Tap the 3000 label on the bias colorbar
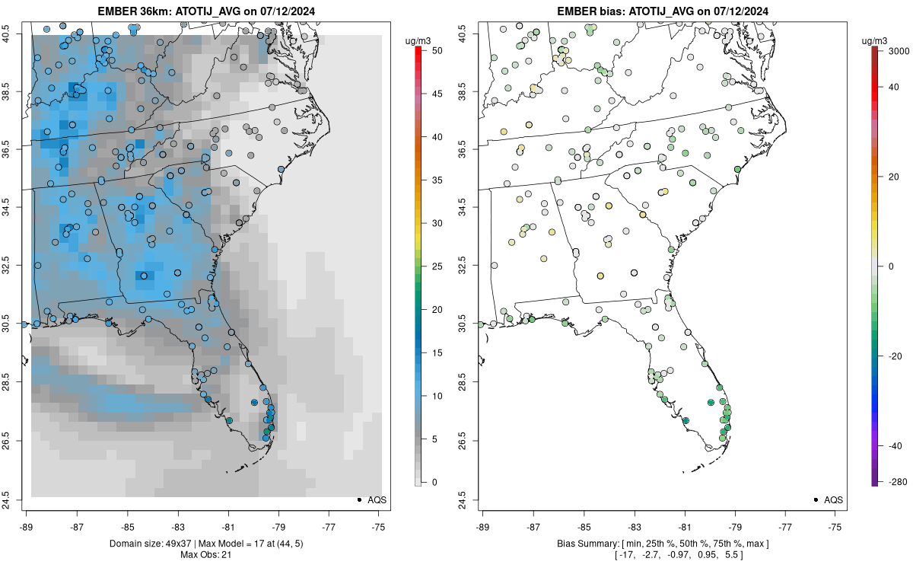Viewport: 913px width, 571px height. pos(899,50)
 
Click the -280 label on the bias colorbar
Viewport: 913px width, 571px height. pos(896,482)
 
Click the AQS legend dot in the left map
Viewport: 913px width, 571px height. pos(358,499)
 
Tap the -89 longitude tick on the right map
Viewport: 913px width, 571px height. pos(483,526)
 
